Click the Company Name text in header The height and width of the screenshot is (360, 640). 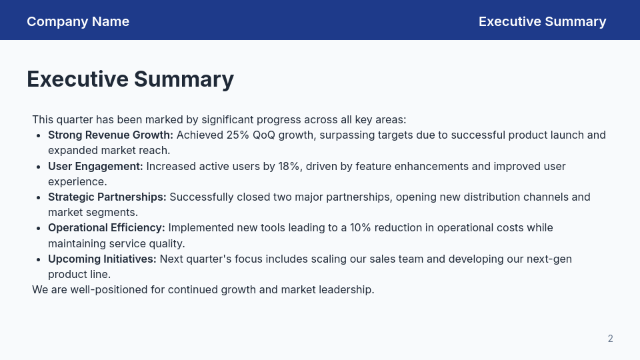pos(78,21)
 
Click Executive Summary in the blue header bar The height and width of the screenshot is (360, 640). pos(542,21)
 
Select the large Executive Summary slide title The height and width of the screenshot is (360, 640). pos(130,79)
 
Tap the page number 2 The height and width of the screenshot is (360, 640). pos(610,339)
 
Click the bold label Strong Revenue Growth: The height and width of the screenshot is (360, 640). pos(110,135)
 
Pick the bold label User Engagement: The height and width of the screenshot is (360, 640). pos(95,166)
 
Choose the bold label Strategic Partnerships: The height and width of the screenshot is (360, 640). pos(107,197)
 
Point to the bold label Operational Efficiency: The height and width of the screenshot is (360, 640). pos(106,227)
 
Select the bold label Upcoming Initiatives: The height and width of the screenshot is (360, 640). pos(102,259)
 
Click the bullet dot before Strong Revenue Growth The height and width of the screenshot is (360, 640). pos(37,135)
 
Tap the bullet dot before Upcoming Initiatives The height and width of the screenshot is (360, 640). pos(37,259)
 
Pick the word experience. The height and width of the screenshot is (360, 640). pos(77,181)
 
